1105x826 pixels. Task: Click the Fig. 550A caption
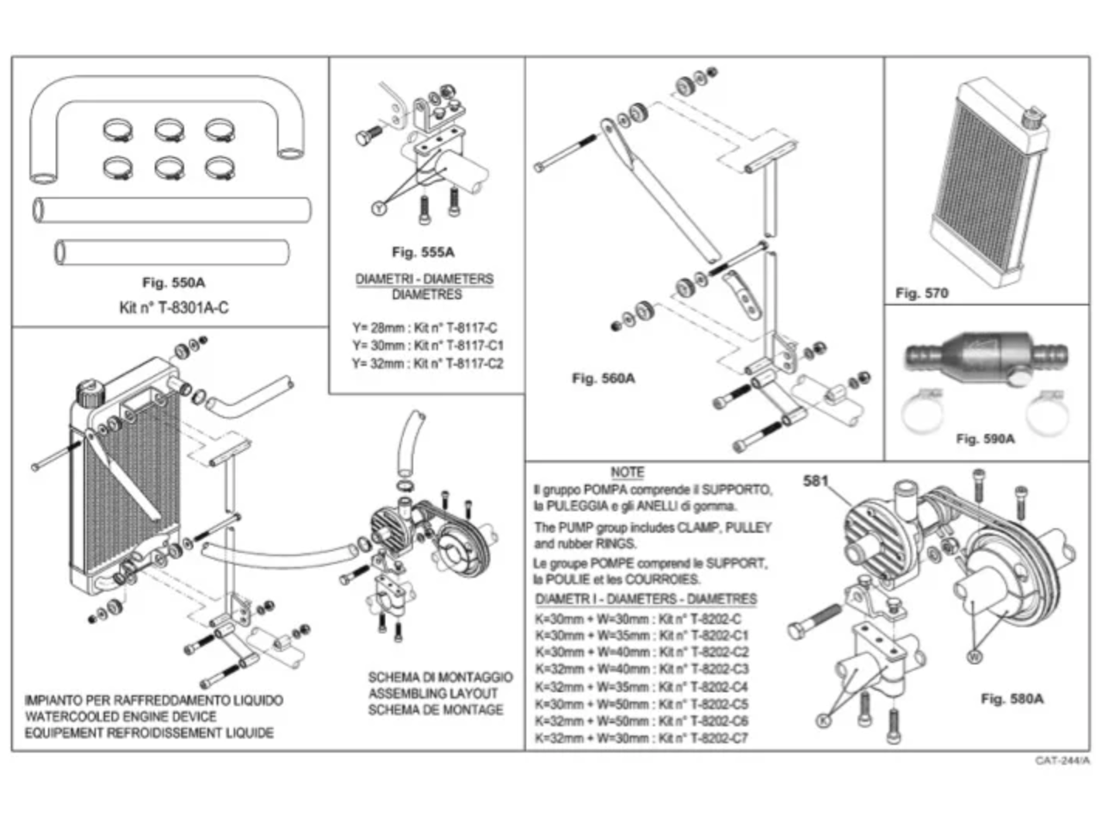(x=173, y=283)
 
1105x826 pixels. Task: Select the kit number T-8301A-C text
(x=173, y=308)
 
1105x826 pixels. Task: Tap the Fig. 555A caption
(x=422, y=252)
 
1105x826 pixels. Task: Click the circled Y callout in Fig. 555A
(x=378, y=208)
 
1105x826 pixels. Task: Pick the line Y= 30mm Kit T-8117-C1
(x=427, y=346)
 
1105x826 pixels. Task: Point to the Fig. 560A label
(x=603, y=378)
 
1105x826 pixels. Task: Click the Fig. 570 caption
(x=921, y=293)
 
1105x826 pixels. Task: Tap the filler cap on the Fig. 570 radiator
(x=1031, y=119)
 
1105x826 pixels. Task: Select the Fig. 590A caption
(x=985, y=439)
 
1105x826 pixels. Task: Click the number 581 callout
(x=816, y=481)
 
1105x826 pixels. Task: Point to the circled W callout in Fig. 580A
(x=974, y=657)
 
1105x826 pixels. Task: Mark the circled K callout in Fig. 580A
(x=823, y=721)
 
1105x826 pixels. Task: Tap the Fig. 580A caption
(x=1011, y=699)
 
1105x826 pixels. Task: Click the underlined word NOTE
(x=627, y=472)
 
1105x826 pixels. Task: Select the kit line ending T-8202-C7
(x=641, y=738)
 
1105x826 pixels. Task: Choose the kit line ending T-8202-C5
(x=641, y=704)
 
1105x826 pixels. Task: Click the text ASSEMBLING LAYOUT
(x=433, y=694)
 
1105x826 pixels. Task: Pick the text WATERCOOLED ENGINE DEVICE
(x=121, y=717)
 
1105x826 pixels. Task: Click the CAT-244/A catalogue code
(x=1062, y=761)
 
